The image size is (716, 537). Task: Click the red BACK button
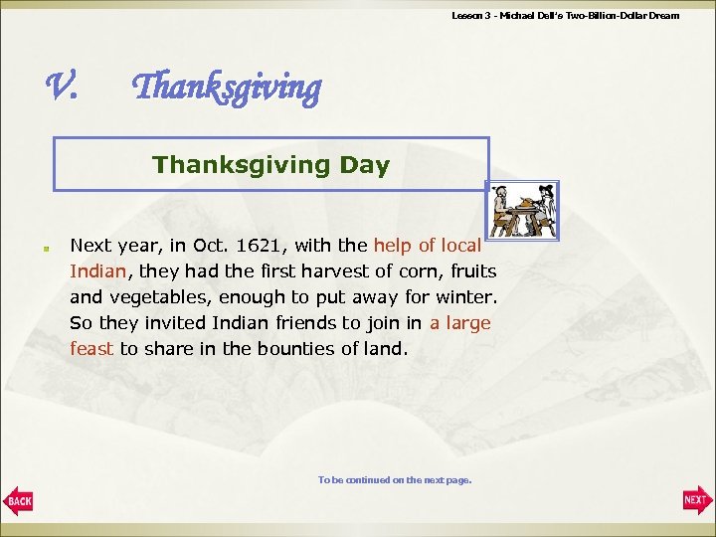pyautogui.click(x=19, y=499)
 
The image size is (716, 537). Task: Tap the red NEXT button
pyautogui.click(x=696, y=499)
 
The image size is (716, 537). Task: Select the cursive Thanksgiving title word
pyautogui.click(x=227, y=89)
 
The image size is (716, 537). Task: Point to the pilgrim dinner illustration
pyautogui.click(x=524, y=211)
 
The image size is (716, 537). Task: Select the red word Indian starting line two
pyautogui.click(x=97, y=270)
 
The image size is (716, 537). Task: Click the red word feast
pyautogui.click(x=92, y=349)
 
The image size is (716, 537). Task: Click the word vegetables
pyautogui.click(x=163, y=297)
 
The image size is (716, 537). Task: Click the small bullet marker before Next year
pyautogui.click(x=46, y=246)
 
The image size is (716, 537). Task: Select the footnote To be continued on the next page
pyautogui.click(x=394, y=479)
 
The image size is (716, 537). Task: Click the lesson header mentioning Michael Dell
pyautogui.click(x=565, y=15)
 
